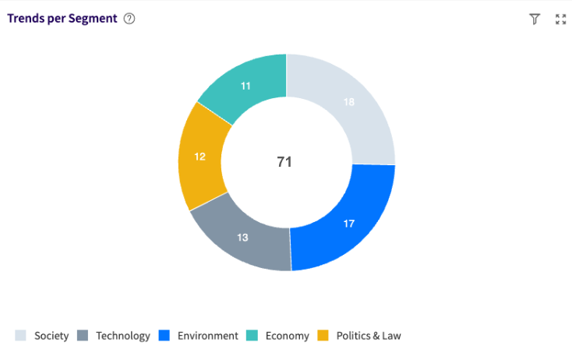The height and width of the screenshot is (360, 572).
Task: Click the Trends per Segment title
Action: tap(62, 19)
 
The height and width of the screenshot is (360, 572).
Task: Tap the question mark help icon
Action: tap(129, 19)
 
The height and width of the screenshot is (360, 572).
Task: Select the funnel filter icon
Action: tap(535, 19)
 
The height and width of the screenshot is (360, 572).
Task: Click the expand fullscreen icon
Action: tap(560, 19)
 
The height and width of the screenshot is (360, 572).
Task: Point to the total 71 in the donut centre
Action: tap(284, 162)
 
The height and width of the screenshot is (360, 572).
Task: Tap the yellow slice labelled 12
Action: tap(200, 157)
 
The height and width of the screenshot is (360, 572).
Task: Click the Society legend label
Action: tap(51, 336)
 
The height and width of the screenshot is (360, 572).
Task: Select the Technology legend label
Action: tap(123, 336)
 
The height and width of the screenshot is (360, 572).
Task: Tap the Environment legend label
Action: tap(207, 336)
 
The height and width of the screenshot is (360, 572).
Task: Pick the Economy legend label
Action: tap(287, 336)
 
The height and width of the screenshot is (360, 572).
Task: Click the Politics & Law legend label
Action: tap(369, 336)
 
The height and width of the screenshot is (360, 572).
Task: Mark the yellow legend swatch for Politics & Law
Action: tap(324, 336)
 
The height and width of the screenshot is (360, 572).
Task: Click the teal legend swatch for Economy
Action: tap(252, 336)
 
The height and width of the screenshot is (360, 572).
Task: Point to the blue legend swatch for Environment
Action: tap(164, 336)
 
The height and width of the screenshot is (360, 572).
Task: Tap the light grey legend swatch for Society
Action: tap(20, 336)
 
